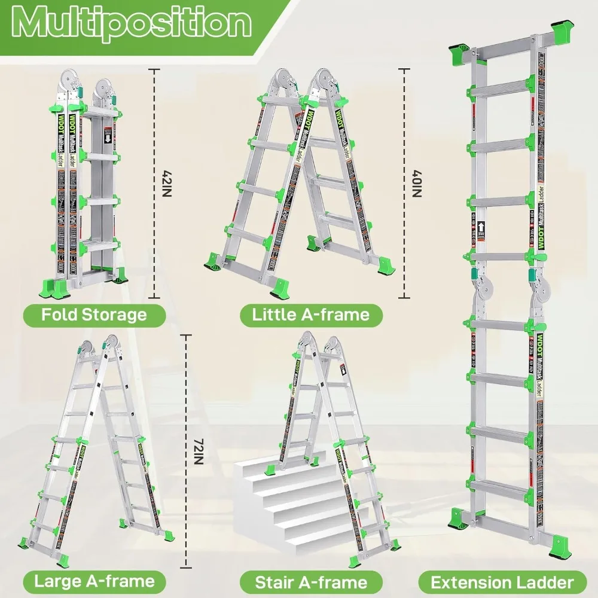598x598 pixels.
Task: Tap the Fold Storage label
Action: (94, 315)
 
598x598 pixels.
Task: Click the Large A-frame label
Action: (94, 580)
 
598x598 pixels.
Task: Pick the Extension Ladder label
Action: (502, 581)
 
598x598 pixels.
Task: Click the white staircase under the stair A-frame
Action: (281, 502)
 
